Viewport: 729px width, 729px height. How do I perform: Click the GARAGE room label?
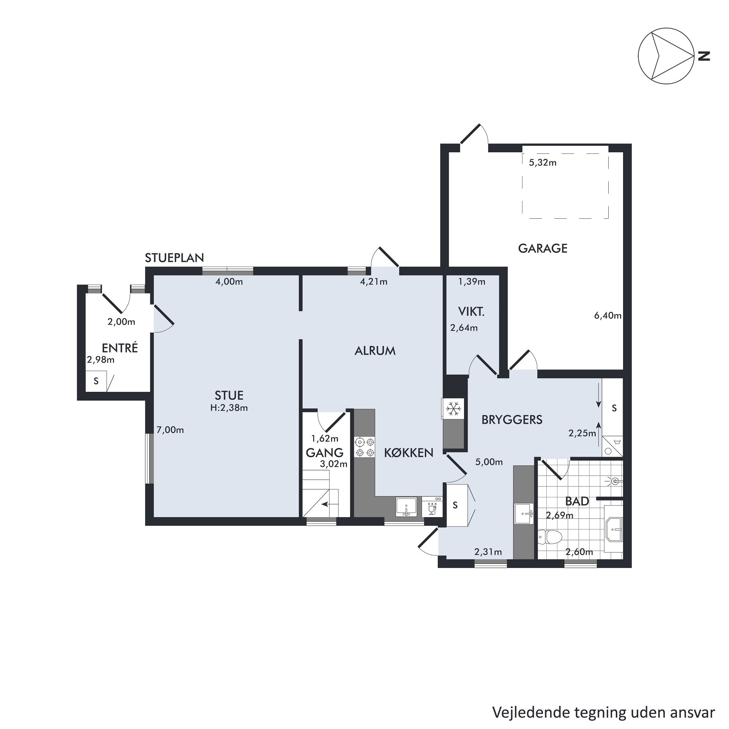(543, 248)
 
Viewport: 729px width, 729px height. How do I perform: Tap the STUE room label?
(229, 395)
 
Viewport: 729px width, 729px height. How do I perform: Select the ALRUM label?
(375, 351)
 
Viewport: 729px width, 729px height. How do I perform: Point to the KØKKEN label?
(409, 453)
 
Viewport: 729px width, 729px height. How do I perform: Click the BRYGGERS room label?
(512, 420)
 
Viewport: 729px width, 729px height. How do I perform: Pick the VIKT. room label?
(471, 312)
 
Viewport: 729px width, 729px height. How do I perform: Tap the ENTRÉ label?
(120, 348)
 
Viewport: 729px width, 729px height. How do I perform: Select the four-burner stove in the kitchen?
(364, 447)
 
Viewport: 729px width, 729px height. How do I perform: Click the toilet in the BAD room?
(549, 537)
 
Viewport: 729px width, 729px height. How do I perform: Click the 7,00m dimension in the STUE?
(170, 430)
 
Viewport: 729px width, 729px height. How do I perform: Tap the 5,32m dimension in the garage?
(543, 163)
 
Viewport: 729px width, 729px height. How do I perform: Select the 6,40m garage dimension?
(607, 315)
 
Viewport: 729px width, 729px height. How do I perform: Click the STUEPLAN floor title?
(174, 258)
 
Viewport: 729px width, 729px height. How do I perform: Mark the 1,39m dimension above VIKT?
(472, 281)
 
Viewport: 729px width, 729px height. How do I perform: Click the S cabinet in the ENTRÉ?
(96, 381)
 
